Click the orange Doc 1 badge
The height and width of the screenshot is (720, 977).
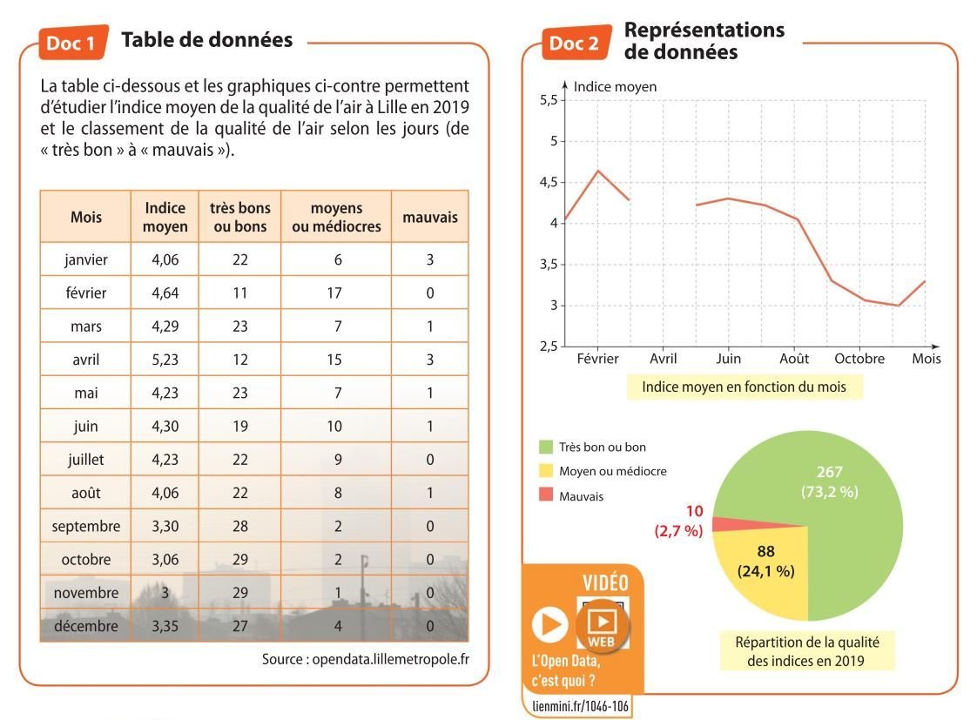72,43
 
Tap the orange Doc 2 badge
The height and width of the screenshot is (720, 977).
575,43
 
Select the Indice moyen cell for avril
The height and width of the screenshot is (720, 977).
165,360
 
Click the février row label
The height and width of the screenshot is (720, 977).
85,293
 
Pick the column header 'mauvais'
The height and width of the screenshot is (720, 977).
429,218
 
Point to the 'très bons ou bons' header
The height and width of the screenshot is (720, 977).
240,218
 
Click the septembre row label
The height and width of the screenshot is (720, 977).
85,526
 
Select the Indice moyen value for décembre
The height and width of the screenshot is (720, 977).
165,625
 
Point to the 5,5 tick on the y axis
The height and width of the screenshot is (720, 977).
548,100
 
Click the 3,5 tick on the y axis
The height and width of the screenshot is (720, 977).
548,265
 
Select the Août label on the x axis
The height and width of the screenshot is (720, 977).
793,359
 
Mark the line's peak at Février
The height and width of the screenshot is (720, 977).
597,171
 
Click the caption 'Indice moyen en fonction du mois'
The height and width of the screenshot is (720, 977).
744,387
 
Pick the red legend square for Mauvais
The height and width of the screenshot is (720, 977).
545,495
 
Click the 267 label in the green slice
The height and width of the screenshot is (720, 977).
829,472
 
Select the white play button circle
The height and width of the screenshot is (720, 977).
549,624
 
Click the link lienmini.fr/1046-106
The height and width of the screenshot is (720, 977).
580,706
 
